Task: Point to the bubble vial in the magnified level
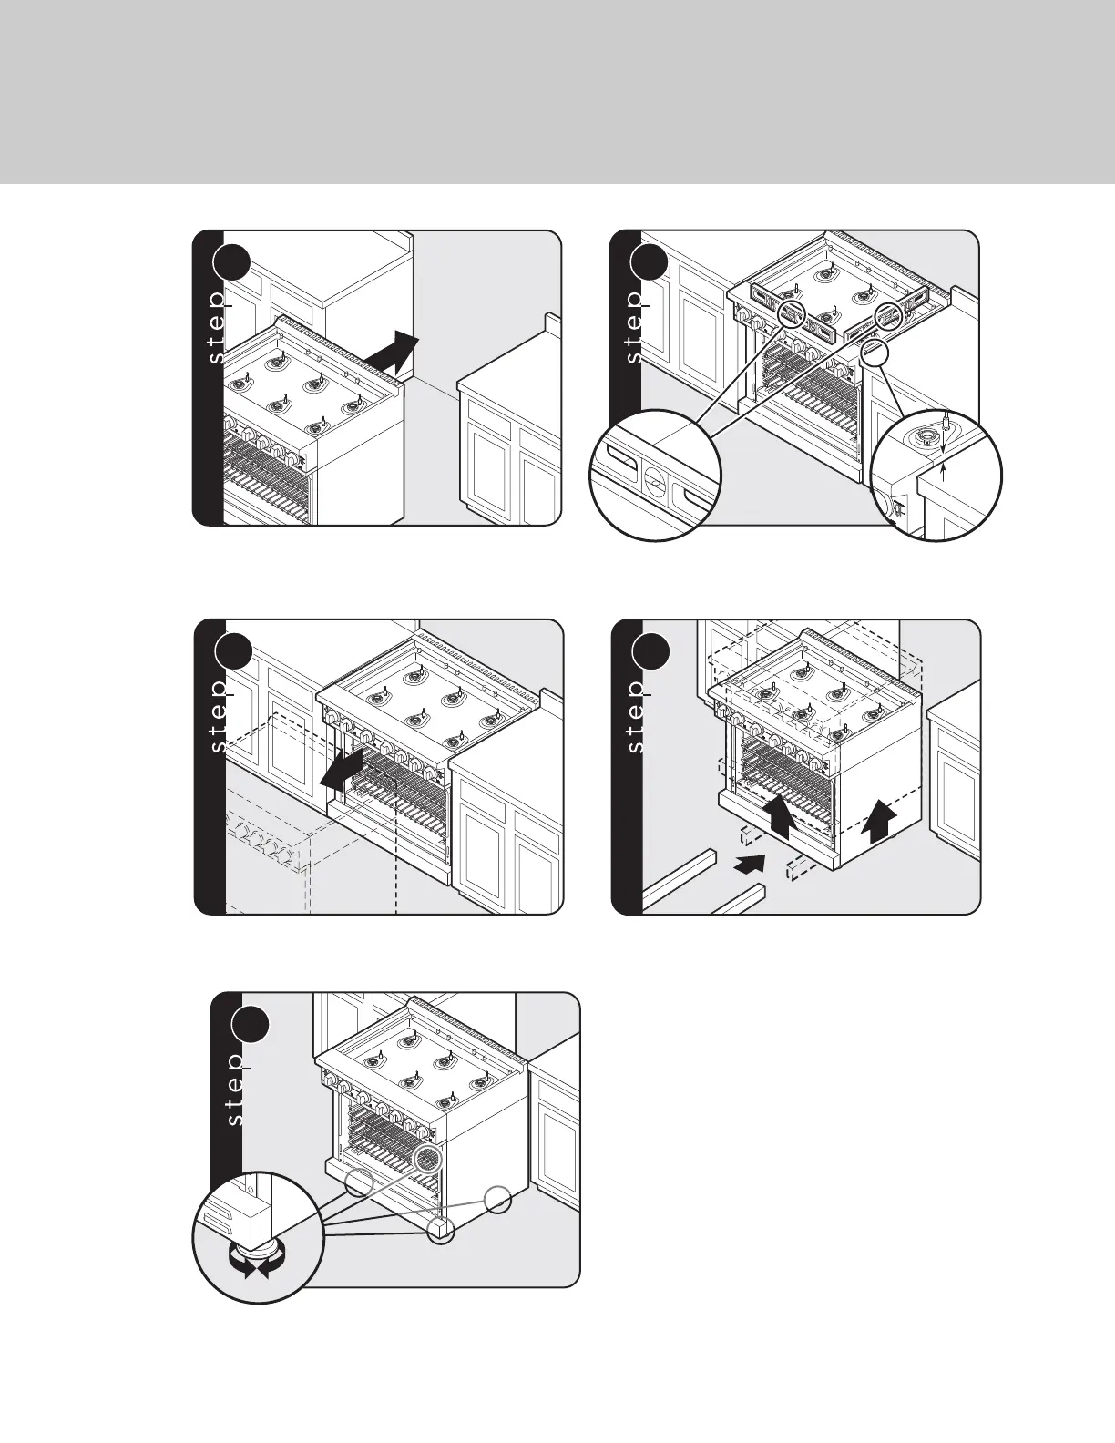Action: [653, 480]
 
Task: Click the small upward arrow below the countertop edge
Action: [943, 473]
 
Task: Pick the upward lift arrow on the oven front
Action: [780, 817]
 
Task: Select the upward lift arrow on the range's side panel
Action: [878, 820]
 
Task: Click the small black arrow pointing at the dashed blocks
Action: [750, 864]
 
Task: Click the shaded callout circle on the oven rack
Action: [427, 1158]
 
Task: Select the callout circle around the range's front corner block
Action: [440, 1230]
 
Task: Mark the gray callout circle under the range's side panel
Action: [497, 1199]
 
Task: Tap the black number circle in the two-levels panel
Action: [649, 262]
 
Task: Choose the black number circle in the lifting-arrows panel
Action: [650, 651]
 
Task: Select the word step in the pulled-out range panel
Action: [218, 715]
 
